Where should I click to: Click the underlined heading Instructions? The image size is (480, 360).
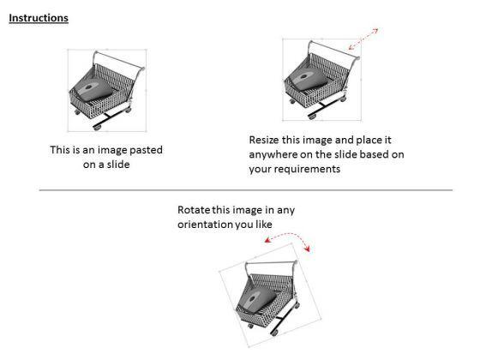tap(39, 18)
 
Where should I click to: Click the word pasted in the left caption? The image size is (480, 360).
tap(146, 150)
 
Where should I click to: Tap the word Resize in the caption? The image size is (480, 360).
tap(264, 140)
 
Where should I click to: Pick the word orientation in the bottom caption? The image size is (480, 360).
tap(205, 225)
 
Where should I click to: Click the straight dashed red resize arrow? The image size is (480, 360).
tap(363, 39)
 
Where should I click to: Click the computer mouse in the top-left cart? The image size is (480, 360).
tap(94, 90)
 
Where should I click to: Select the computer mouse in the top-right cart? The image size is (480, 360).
tap(309, 79)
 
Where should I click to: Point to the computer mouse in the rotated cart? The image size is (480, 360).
tap(257, 299)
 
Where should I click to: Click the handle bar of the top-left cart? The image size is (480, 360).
tap(119, 61)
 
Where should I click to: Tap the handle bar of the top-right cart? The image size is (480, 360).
tap(334, 50)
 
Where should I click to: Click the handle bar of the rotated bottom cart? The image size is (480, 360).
tap(271, 262)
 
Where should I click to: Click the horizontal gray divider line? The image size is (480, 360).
tap(246, 190)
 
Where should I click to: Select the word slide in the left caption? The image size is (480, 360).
tap(118, 165)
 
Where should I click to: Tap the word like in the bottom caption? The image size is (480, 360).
tap(264, 225)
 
